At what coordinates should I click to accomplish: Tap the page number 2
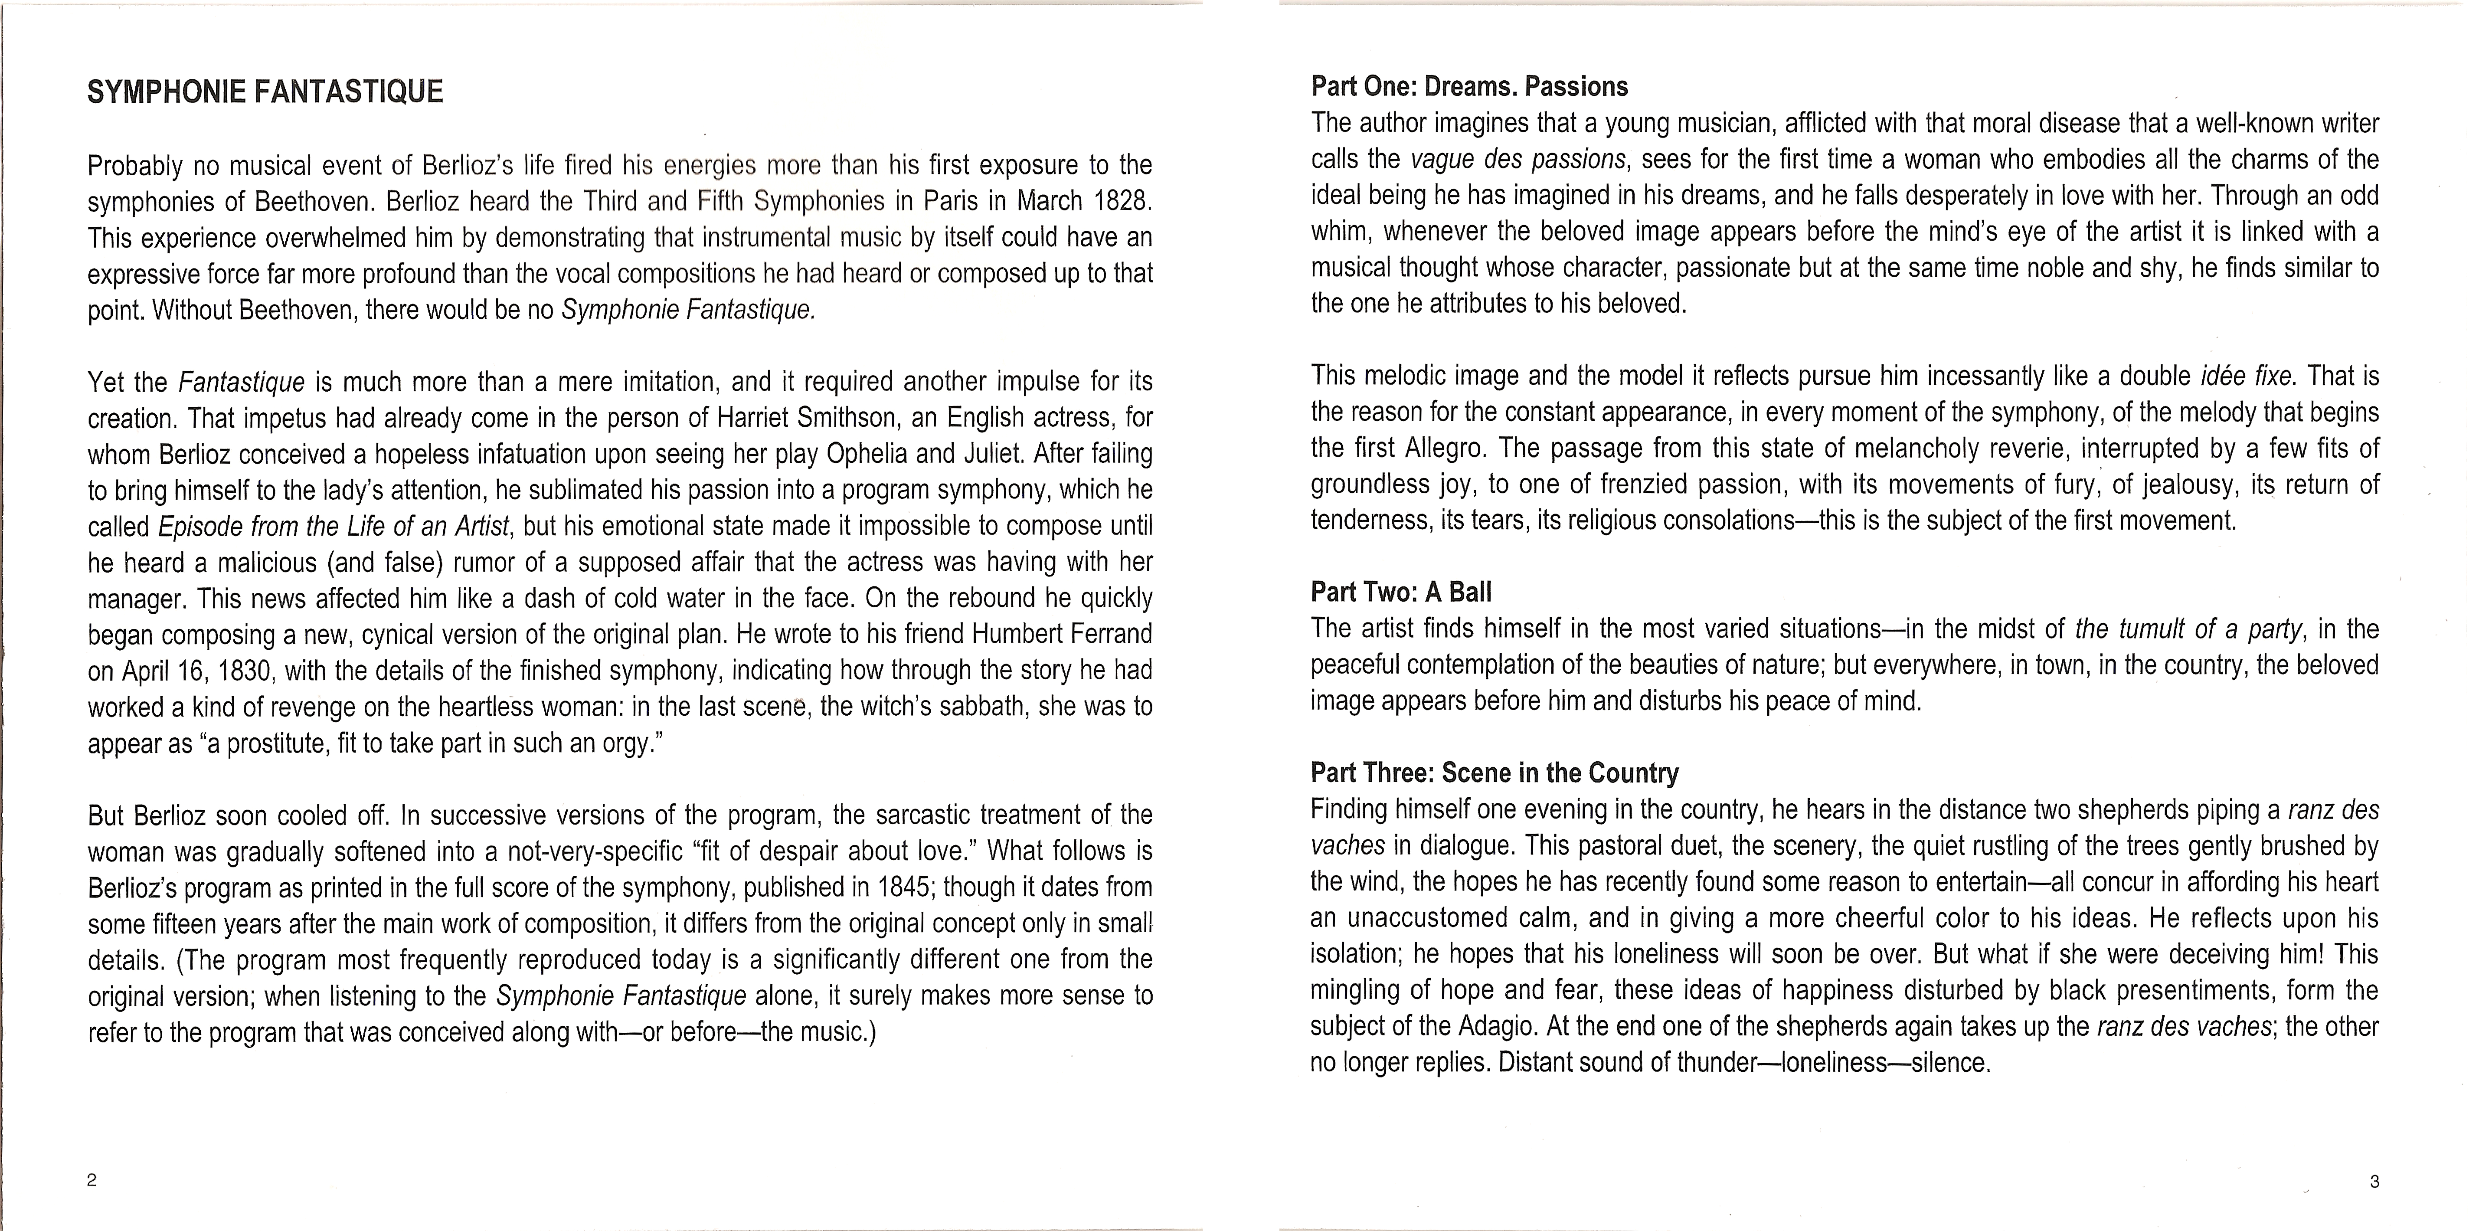92,1181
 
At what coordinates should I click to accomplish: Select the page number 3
2374,1181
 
